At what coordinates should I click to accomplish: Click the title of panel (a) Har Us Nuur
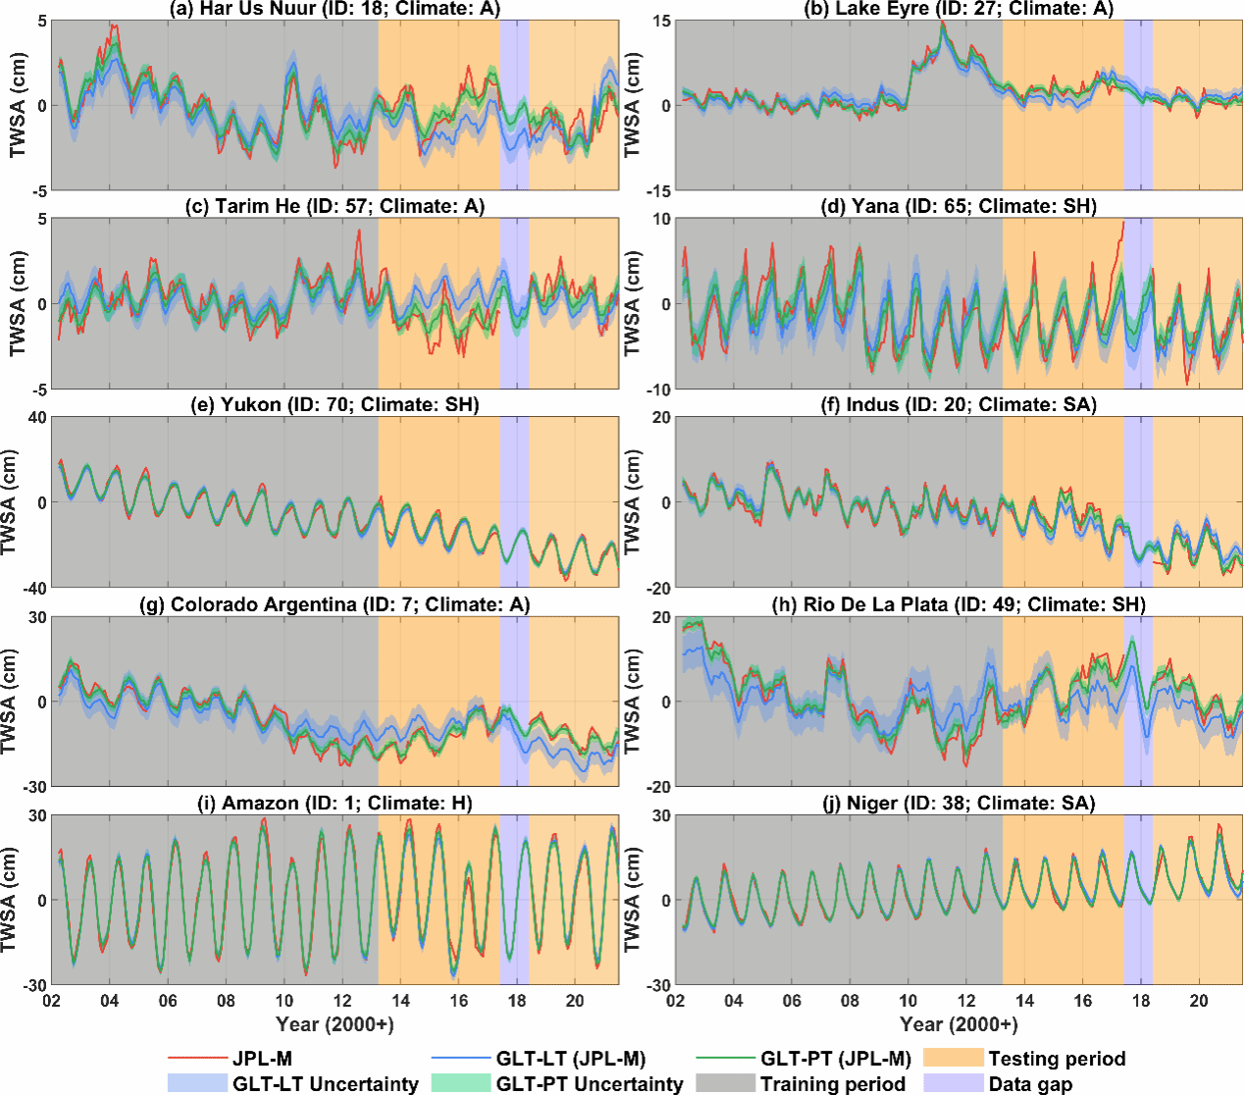coord(335,9)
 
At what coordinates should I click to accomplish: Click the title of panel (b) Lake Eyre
coord(959,9)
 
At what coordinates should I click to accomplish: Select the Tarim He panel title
coord(335,206)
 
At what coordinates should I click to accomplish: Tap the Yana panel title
coord(959,206)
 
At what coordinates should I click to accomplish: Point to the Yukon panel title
coord(335,404)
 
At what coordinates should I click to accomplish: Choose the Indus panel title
coord(959,404)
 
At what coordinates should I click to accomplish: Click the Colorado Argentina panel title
coord(335,604)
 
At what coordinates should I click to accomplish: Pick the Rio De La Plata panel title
coord(959,604)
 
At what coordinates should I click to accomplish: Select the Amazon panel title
coord(335,803)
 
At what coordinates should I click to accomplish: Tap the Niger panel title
coord(959,803)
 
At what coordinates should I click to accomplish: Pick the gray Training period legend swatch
coord(725,1083)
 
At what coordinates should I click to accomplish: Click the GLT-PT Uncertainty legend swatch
coord(460,1083)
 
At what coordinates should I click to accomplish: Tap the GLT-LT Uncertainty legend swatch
coord(197,1083)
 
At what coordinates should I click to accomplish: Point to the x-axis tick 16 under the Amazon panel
coord(459,1001)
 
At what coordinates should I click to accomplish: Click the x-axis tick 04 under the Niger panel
coord(733,1001)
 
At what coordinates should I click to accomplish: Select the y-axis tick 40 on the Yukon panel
coord(37,417)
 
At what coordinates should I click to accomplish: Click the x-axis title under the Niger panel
coord(959,1024)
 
